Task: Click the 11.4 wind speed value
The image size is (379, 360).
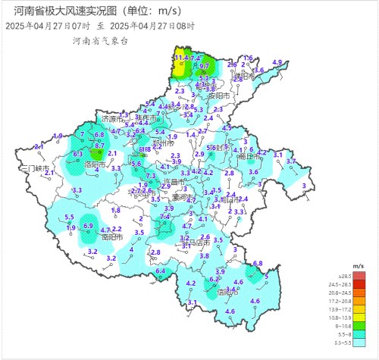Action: [180, 58]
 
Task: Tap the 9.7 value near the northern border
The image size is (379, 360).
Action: [204, 67]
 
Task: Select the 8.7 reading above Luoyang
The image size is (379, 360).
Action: [99, 146]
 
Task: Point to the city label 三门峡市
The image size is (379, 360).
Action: [35, 167]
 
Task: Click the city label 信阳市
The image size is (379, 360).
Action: [227, 292]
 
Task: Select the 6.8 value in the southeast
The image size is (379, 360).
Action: [257, 263]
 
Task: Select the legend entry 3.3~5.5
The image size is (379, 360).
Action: [353, 344]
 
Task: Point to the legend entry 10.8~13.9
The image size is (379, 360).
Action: [353, 319]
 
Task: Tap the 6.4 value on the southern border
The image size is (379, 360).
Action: [161, 271]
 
